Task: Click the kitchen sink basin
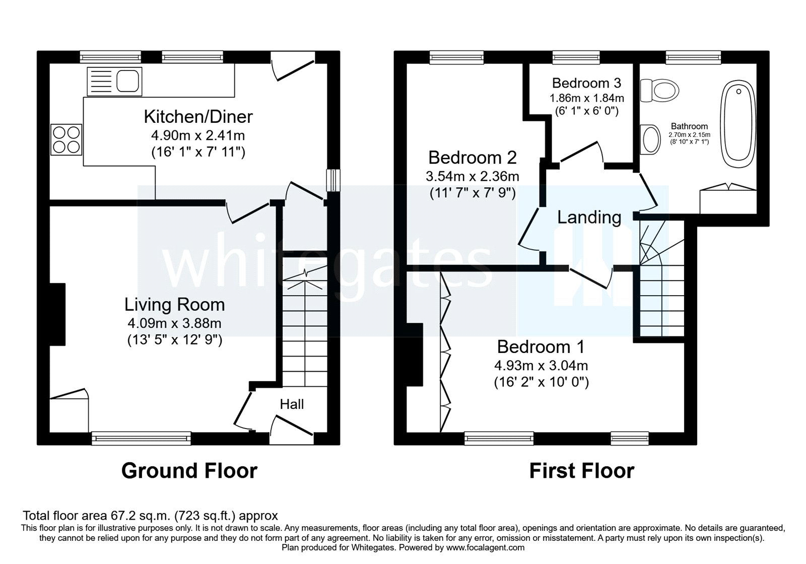tap(128, 81)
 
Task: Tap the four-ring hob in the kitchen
tap(66, 139)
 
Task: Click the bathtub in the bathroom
tap(739, 125)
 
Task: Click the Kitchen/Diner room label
tap(198, 117)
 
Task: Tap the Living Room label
tap(174, 305)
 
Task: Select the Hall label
tap(292, 404)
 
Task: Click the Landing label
tap(589, 217)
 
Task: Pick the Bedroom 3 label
tap(586, 83)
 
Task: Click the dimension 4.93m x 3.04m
tap(541, 366)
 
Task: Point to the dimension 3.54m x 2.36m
tap(472, 176)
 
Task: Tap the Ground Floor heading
tap(189, 470)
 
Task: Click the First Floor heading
tap(581, 470)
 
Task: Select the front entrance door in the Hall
tap(292, 426)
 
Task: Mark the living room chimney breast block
tap(57, 314)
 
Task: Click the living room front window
tap(142, 439)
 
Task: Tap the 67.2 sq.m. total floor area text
tap(150, 516)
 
